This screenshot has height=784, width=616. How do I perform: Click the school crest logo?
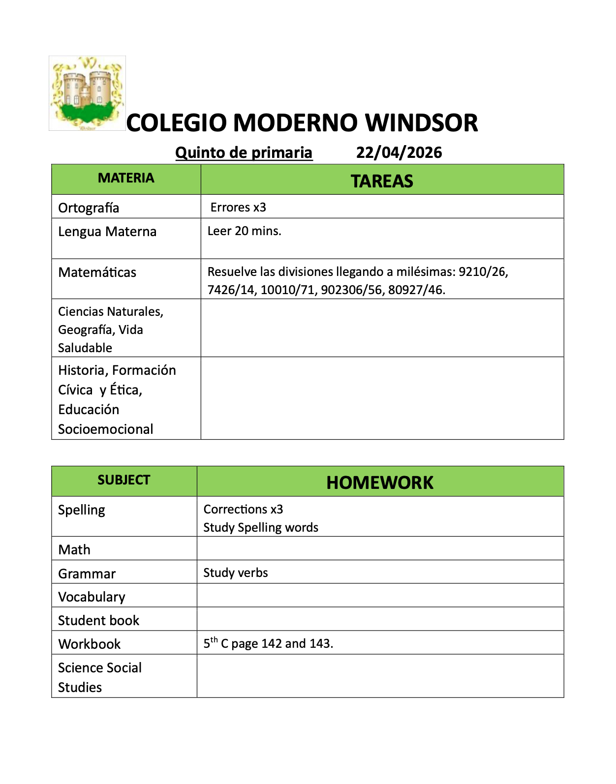(x=87, y=93)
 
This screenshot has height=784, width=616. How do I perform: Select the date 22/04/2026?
(x=399, y=152)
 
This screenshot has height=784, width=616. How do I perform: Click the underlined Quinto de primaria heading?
(x=244, y=152)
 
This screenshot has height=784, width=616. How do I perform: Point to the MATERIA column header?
(x=126, y=178)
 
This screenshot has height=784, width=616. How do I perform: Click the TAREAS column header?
(x=382, y=181)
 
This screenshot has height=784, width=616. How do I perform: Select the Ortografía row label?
(x=89, y=208)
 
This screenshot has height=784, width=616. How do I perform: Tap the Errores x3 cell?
(x=238, y=207)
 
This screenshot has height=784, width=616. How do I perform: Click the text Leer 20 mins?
(x=244, y=231)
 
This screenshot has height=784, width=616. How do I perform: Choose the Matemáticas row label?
(x=97, y=272)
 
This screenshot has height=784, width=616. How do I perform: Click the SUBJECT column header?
(x=123, y=480)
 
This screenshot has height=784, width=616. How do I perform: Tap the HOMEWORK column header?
(x=380, y=482)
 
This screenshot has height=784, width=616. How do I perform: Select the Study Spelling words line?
(x=261, y=527)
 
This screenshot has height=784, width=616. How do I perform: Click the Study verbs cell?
(x=236, y=573)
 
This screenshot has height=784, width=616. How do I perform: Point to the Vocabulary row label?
(x=92, y=597)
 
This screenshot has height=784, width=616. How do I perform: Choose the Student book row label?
(x=98, y=620)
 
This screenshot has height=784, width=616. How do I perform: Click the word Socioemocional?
(x=105, y=429)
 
